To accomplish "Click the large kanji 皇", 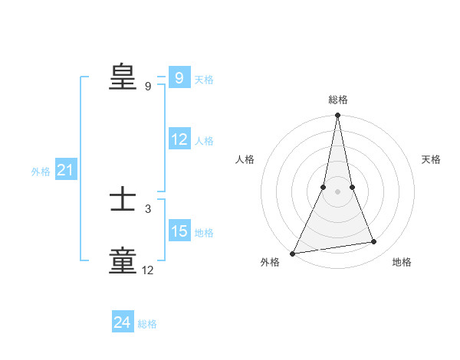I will (123, 77).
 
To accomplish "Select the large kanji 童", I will (123, 260).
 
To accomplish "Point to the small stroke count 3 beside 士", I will (148, 208).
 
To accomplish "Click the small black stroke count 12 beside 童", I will (148, 270).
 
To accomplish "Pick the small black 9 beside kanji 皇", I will (148, 87).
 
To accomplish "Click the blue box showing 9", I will (179, 78).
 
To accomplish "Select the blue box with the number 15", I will (179, 231).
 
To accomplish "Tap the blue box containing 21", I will (65, 171).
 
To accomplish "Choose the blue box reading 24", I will (123, 322).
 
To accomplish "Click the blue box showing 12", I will (179, 139).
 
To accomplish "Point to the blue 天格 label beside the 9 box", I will (204, 80).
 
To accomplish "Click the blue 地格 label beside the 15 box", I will (204, 233).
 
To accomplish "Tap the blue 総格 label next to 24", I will (147, 324).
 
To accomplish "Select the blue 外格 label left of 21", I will (41, 172).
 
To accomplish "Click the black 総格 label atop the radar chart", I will (337, 100).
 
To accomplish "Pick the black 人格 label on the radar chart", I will (245, 159).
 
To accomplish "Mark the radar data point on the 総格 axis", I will (337, 116).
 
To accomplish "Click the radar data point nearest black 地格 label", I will (374, 242).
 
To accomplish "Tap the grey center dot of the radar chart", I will (337, 191).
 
